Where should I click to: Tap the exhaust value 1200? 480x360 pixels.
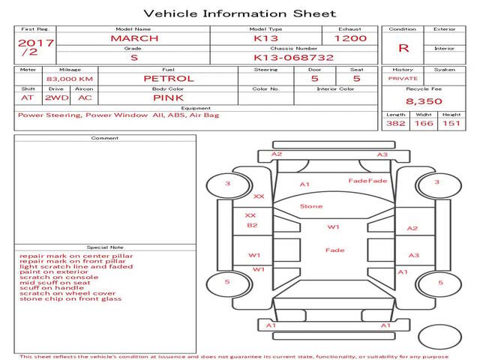350,38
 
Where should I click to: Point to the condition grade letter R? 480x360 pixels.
403,48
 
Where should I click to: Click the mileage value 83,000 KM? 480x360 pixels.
69,79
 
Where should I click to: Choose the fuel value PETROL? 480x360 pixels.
168,78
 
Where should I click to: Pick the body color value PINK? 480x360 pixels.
168,97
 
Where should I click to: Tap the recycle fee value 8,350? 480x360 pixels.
424,100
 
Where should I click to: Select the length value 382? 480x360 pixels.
395,123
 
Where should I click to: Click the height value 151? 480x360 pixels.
451,123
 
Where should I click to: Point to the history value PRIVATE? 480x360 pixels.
403,78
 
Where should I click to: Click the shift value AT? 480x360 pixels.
28,97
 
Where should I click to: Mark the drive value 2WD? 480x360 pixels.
55,97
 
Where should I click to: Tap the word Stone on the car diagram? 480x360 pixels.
310,206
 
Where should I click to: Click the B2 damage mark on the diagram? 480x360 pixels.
252,225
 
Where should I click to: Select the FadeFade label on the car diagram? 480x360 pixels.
367,181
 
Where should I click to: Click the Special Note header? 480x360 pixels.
104,247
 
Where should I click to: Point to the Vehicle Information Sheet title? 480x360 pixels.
239,13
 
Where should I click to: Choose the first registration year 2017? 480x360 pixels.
35,43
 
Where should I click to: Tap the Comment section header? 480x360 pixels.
104,138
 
